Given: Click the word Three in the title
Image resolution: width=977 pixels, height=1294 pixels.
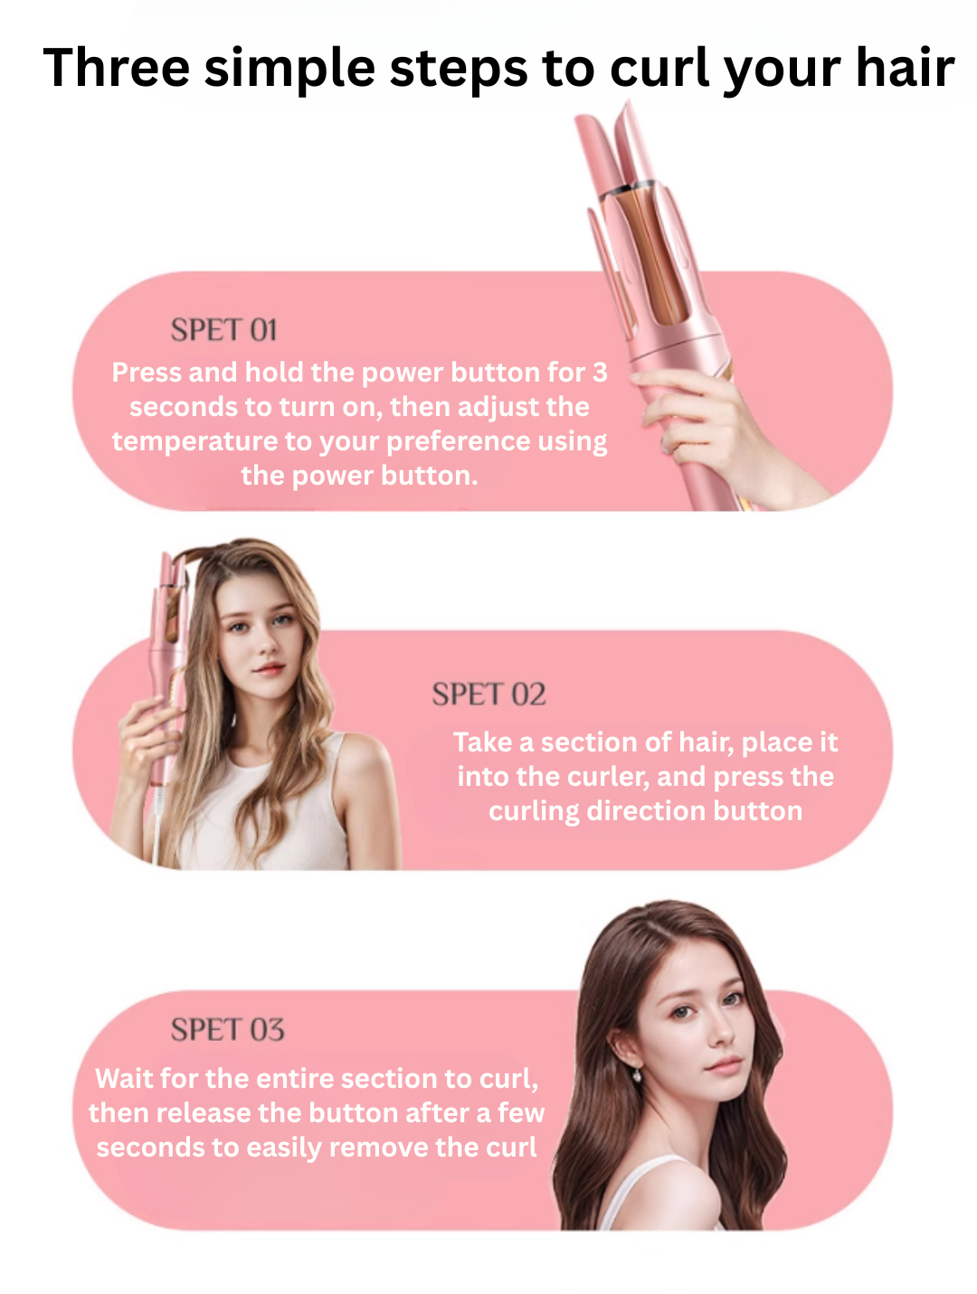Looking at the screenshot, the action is (116, 68).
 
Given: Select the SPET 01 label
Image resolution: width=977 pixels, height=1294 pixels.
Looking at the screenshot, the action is (223, 329).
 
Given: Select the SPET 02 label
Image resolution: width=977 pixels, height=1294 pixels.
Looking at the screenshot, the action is (488, 694).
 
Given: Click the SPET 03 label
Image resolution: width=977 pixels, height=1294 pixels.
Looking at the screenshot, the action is (228, 1029).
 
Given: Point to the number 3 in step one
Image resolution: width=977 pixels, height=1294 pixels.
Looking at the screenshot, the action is (600, 372).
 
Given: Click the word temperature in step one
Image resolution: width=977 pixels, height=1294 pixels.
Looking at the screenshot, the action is (194, 441).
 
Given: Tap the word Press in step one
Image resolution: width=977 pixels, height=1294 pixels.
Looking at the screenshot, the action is (147, 372).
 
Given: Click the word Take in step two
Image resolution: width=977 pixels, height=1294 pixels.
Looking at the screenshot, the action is (482, 741).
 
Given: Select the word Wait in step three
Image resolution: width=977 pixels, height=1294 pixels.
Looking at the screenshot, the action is (124, 1079).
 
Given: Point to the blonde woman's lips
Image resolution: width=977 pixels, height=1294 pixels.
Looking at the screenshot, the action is (270, 668).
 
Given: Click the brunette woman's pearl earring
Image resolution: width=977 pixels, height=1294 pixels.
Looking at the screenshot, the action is (637, 1076).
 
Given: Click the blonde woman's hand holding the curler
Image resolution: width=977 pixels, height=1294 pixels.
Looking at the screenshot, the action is (147, 737).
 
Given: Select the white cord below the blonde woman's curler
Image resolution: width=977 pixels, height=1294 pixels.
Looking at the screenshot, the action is (157, 826).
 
